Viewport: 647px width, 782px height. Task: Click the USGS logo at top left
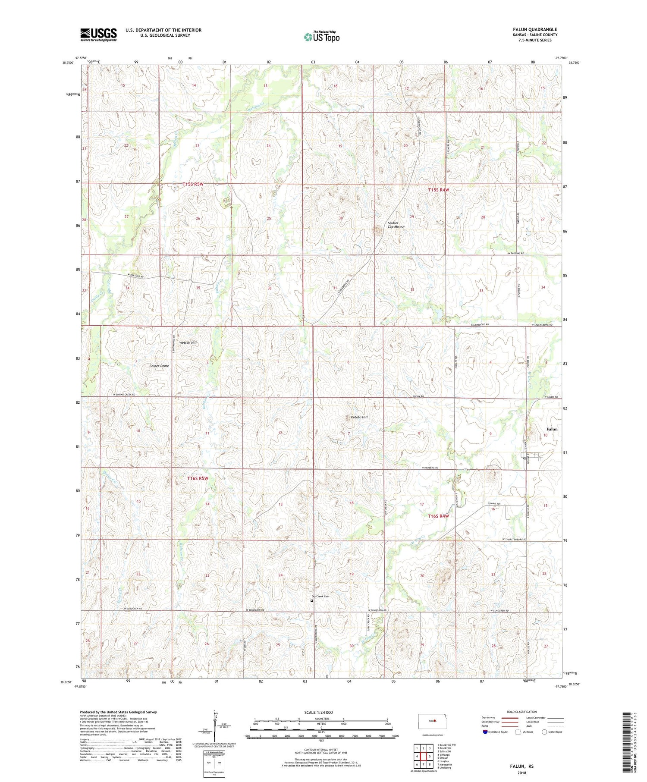(98, 35)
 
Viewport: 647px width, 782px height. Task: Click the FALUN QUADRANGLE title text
(533, 29)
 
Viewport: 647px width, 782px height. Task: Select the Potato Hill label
(359, 417)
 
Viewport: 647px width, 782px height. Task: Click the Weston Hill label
(188, 342)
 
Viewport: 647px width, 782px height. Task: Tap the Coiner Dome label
(159, 366)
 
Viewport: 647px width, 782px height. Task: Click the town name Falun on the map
(552, 429)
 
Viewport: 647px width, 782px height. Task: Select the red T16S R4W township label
(438, 516)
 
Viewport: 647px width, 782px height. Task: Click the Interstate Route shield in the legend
(485, 732)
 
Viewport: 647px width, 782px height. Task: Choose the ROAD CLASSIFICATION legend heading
(521, 712)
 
